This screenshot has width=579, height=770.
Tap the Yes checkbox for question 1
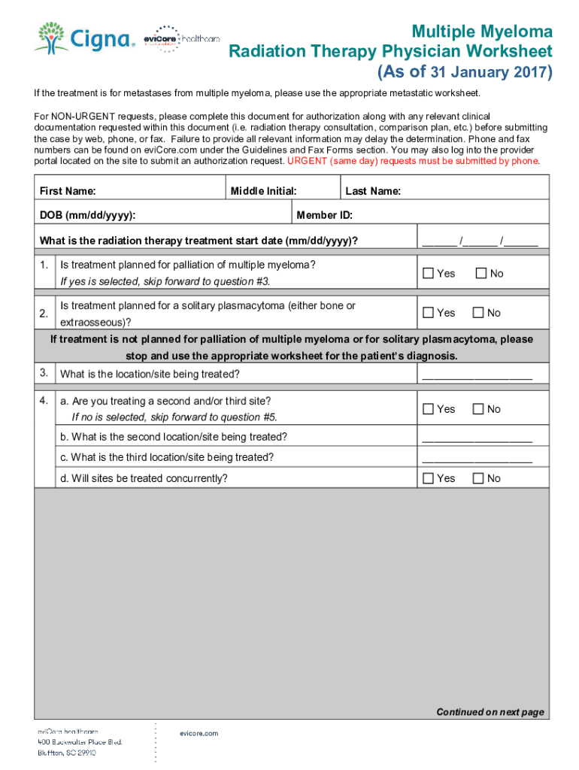click(428, 274)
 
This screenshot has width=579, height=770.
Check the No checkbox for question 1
click(481, 274)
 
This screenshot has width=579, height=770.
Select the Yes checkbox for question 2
click(428, 313)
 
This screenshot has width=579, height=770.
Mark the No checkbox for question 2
click(478, 313)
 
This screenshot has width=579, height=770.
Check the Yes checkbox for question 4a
click(428, 409)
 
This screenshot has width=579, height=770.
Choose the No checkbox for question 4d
click(478, 478)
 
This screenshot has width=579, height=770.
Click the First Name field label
click(68, 192)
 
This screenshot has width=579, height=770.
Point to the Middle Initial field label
click(263, 192)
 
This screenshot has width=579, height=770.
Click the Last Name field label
click(373, 192)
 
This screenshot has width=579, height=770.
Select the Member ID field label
click(324, 216)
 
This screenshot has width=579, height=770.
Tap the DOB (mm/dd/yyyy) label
click(87, 216)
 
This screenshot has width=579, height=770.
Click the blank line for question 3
click(477, 375)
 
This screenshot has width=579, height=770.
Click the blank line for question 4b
click(477, 438)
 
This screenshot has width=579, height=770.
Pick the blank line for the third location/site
click(477, 459)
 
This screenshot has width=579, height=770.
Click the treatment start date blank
click(480, 242)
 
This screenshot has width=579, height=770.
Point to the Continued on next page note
click(490, 712)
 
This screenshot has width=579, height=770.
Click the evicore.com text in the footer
click(199, 733)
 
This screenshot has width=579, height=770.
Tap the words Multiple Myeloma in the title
click(481, 32)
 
